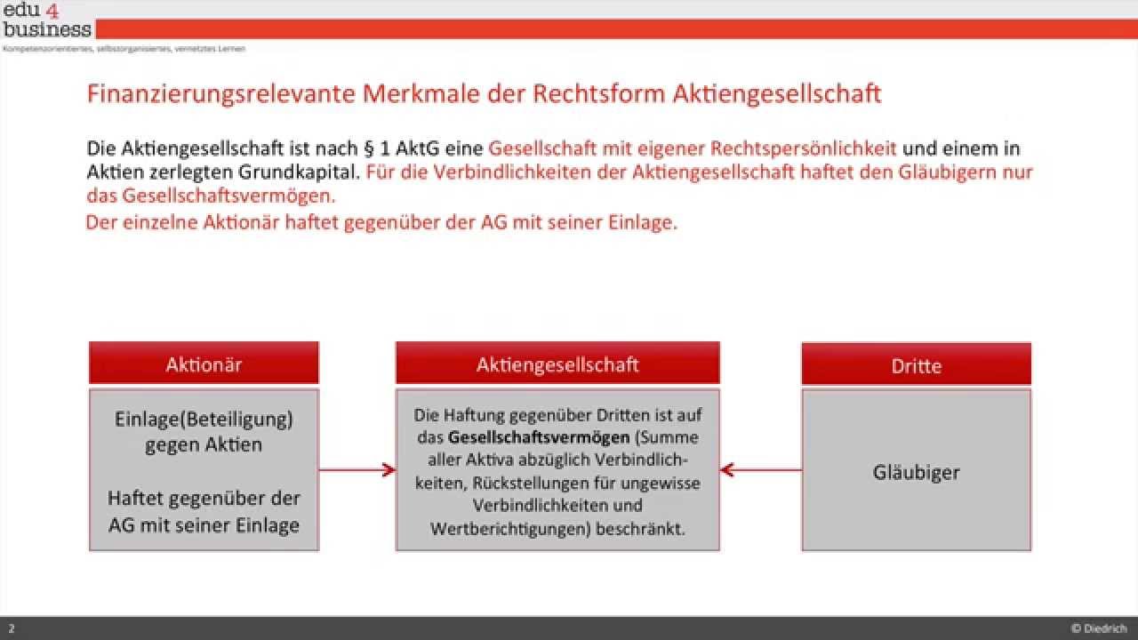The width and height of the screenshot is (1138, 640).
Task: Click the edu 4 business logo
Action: coord(46,20)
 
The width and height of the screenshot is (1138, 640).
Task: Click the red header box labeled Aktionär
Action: coord(204,364)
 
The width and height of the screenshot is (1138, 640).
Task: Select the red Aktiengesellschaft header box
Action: coord(557,364)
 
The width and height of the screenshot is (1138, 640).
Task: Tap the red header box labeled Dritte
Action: coord(916,365)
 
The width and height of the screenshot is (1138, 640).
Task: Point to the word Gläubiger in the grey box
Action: coord(916,472)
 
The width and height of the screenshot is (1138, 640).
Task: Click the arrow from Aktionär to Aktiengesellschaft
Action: coord(357,469)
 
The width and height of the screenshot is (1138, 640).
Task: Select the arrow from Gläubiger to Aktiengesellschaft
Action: coord(761,469)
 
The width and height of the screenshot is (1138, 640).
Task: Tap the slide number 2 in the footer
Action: coord(12,628)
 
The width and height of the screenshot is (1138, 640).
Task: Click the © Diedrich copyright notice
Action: coord(1099,628)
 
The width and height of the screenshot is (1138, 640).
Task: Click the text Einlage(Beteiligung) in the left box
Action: coord(204,419)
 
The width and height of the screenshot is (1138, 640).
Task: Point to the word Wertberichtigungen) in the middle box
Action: coord(486,529)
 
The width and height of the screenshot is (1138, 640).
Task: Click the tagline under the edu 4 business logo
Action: coord(124,48)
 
